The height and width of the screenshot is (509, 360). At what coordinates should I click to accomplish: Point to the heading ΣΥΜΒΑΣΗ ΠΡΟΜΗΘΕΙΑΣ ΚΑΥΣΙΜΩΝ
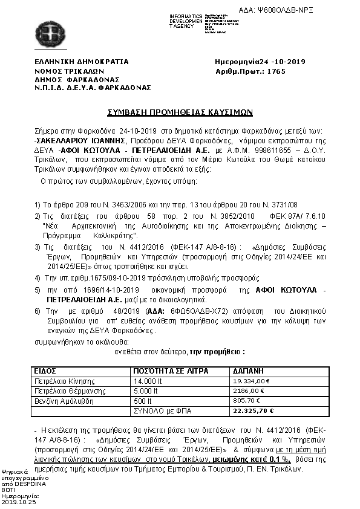pyautogui.click(x=180, y=112)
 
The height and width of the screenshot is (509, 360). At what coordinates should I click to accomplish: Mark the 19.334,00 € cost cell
pyautogui.click(x=250, y=381)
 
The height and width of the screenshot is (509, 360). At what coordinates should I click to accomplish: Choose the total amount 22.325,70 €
pyautogui.click(x=253, y=410)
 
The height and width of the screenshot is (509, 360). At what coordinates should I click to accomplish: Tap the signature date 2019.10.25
pyautogui.click(x=19, y=501)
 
